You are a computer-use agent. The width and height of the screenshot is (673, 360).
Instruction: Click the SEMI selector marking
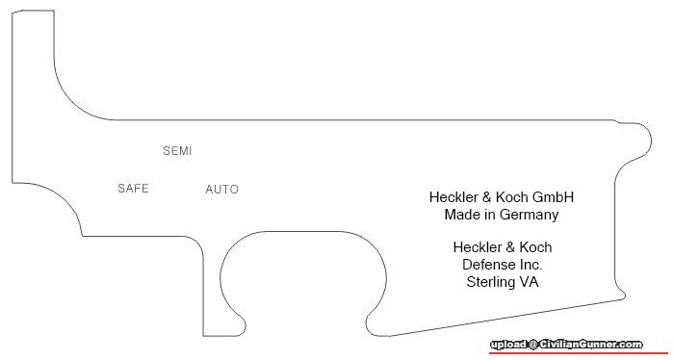click(x=177, y=151)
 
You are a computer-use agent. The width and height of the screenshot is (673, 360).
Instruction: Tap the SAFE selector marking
click(x=133, y=189)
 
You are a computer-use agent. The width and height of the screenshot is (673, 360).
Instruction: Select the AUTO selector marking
click(x=221, y=190)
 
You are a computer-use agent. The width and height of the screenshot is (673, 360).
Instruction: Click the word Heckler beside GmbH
click(x=453, y=197)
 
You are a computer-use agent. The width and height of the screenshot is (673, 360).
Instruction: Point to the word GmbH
click(x=553, y=197)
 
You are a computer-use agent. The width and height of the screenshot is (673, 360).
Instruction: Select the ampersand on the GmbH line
click(x=486, y=197)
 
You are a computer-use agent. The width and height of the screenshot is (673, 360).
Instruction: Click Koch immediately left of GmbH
click(x=511, y=197)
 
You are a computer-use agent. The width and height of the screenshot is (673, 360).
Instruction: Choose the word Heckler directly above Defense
click(x=477, y=247)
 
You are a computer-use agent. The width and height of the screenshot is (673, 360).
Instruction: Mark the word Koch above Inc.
click(x=535, y=247)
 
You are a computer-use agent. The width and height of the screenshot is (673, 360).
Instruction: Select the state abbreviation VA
click(x=529, y=282)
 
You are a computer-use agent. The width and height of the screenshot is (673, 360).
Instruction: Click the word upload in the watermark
click(x=508, y=345)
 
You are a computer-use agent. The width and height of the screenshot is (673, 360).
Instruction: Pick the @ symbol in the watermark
click(x=532, y=345)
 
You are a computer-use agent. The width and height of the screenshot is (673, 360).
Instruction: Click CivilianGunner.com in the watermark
click(x=591, y=345)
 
